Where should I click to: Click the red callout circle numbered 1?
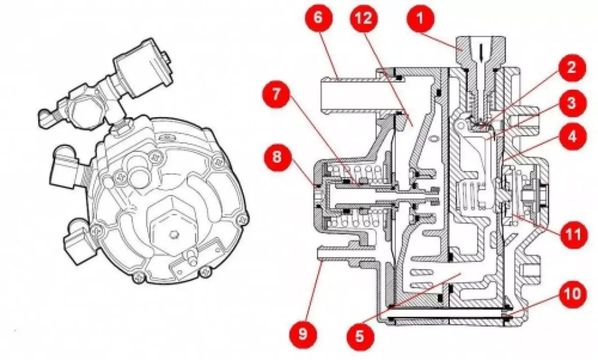(x=419, y=19)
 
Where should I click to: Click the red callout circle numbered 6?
(x=318, y=19)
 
